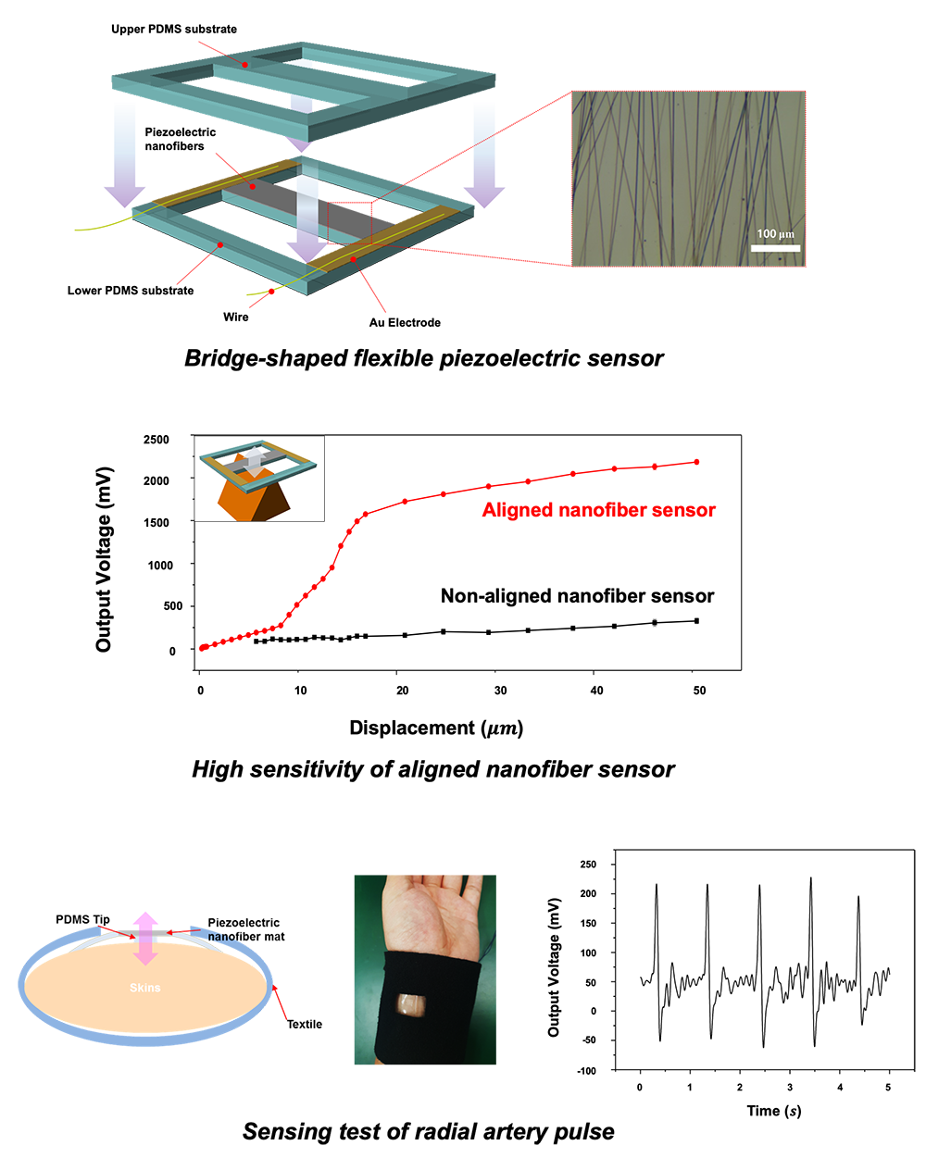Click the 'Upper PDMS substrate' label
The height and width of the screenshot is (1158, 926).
pyautogui.click(x=174, y=29)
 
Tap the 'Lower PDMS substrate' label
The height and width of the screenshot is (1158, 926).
pyautogui.click(x=131, y=291)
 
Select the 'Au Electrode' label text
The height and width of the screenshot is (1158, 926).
pyautogui.click(x=405, y=323)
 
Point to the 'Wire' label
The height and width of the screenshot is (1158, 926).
pyautogui.click(x=236, y=317)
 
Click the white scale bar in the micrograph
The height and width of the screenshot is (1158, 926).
pyautogui.click(x=775, y=248)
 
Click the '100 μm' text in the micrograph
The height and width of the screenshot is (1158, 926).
pyautogui.click(x=775, y=234)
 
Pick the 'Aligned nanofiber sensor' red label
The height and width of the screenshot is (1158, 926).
pyautogui.click(x=599, y=510)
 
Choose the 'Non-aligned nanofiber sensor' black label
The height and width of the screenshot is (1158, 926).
pyautogui.click(x=577, y=596)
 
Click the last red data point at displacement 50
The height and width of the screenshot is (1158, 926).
pyautogui.click(x=696, y=462)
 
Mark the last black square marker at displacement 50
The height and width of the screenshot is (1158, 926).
pyautogui.click(x=696, y=621)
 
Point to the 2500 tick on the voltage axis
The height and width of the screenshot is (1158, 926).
pyautogui.click(x=156, y=440)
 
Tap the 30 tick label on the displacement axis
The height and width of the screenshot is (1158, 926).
pyautogui.click(x=500, y=691)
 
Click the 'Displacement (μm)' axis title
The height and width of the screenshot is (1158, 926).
pyautogui.click(x=436, y=728)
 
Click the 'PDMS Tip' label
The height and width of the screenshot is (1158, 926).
pyautogui.click(x=82, y=919)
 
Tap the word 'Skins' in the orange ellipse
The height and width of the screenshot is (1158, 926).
pyautogui.click(x=144, y=988)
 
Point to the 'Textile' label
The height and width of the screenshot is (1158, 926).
pyautogui.click(x=304, y=1025)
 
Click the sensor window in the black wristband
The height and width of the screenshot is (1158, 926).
pyautogui.click(x=411, y=1005)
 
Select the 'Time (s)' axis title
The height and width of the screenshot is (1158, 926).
pyautogui.click(x=773, y=1111)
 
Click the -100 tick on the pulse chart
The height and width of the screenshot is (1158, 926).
pyautogui.click(x=587, y=1071)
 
